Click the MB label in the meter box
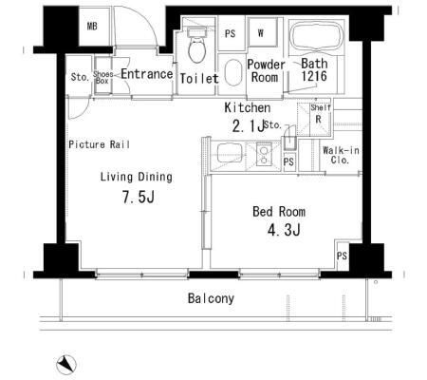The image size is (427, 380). tap(92, 26)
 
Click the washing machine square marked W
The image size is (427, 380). tap(261, 32)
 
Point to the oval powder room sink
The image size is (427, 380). tap(232, 72)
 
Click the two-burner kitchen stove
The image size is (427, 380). tap(264, 154)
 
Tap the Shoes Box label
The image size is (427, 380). tap(102, 77)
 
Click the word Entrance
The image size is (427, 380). tap(147, 74)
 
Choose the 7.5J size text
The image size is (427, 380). tap(139, 197)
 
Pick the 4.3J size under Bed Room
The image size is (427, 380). tap(284, 230)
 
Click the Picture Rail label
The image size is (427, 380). tap(99, 144)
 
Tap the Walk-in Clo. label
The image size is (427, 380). tap(341, 155)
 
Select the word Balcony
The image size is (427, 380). tap(211, 298)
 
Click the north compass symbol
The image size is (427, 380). tap(66, 365)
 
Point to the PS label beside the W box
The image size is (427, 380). tap(230, 33)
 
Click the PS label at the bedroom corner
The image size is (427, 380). tap(342, 256)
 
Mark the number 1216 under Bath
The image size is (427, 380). tap(314, 76)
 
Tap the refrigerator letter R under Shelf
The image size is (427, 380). tap(319, 119)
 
